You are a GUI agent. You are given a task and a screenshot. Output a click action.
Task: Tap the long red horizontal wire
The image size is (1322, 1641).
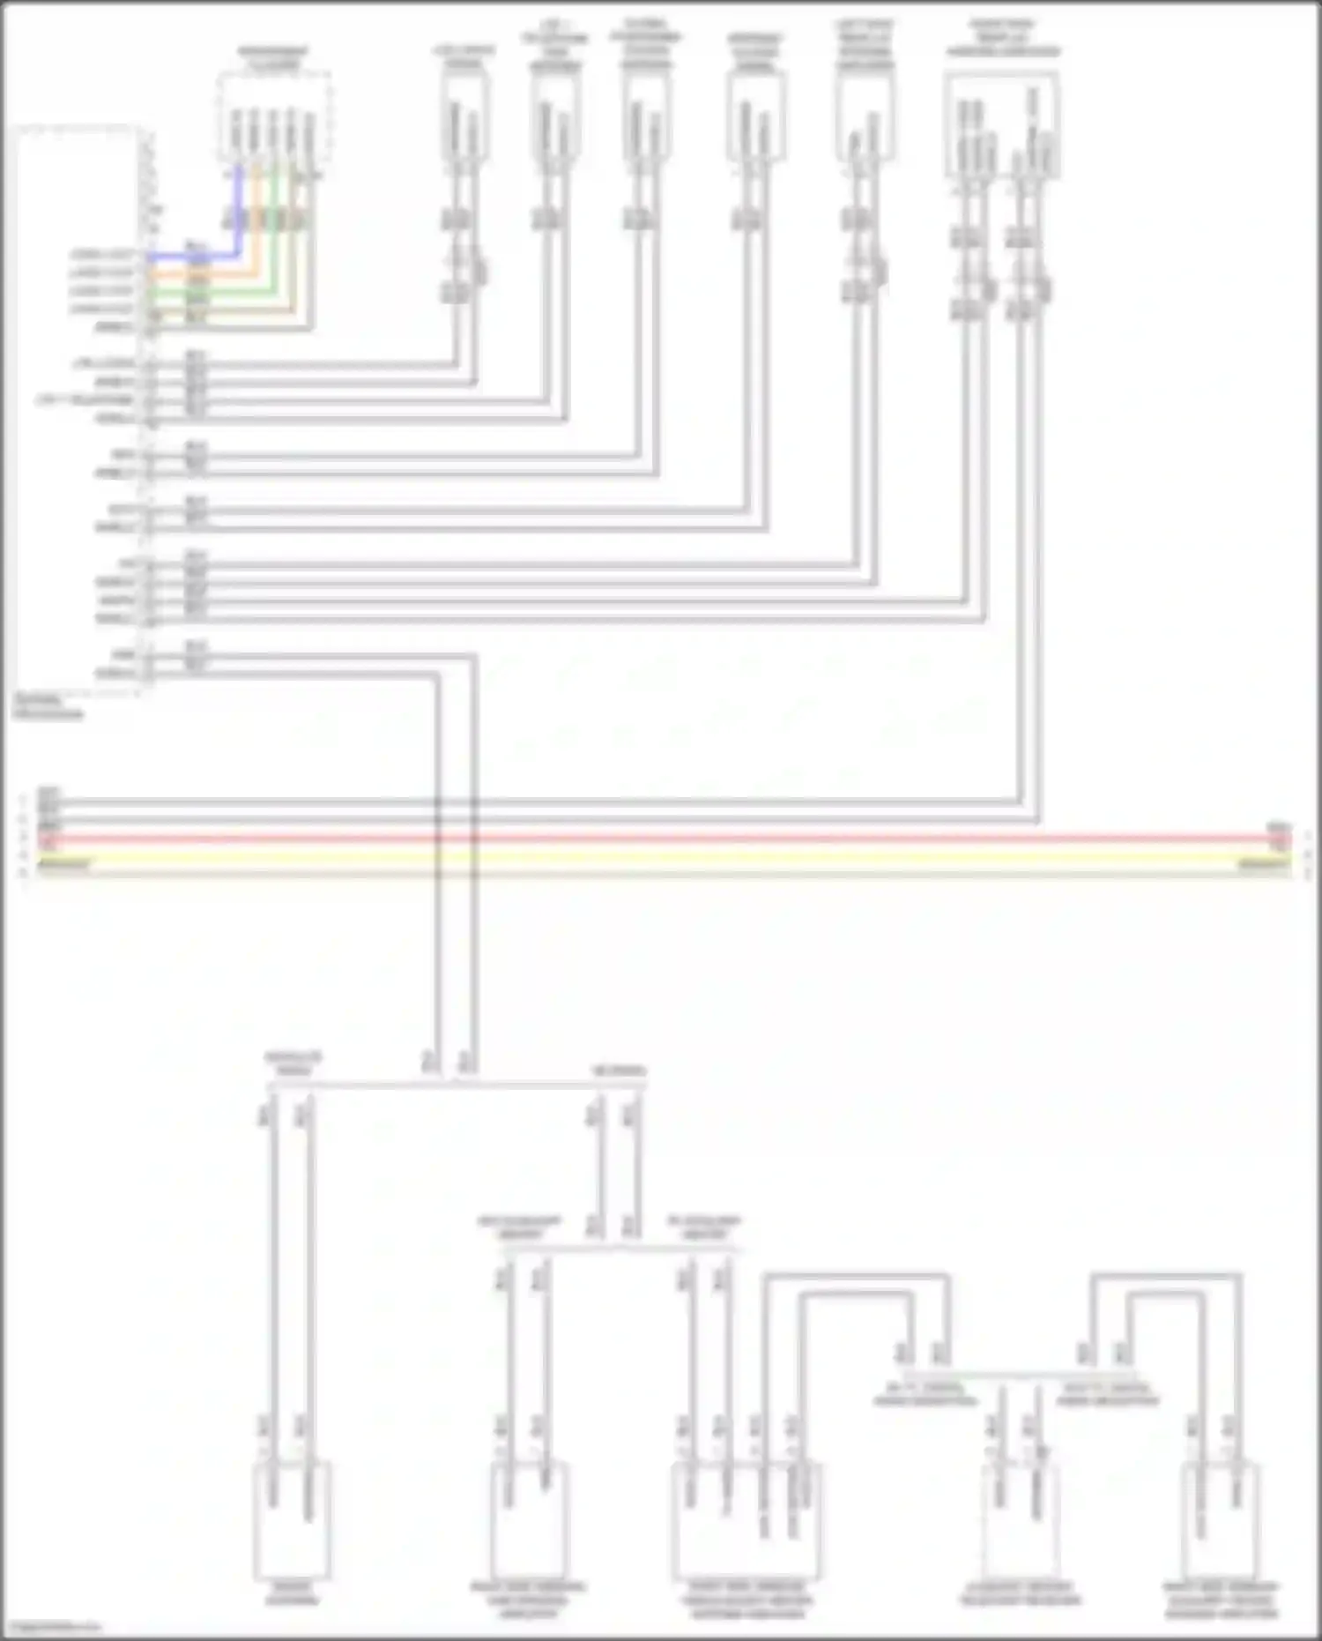pyautogui.click(x=661, y=839)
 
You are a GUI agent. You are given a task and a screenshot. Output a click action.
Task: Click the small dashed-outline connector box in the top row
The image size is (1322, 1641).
pyautogui.click(x=274, y=117)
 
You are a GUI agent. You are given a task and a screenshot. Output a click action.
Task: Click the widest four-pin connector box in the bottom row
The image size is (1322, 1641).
pyautogui.click(x=746, y=1520)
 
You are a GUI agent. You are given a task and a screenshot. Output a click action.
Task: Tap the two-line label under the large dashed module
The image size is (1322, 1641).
pyautogui.click(x=48, y=707)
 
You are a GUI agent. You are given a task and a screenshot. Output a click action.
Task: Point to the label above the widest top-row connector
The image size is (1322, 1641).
pyautogui.click(x=1003, y=41)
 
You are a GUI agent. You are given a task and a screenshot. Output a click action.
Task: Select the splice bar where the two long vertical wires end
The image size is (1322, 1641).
pyautogui.click(x=457, y=1085)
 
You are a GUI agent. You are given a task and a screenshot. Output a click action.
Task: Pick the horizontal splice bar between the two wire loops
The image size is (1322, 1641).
pyautogui.click(x=1019, y=1374)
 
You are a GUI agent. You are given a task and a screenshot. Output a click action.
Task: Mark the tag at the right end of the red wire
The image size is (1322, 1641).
pyautogui.click(x=1277, y=835)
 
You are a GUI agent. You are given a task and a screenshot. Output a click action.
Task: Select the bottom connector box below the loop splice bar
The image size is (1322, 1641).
pyautogui.click(x=1020, y=1520)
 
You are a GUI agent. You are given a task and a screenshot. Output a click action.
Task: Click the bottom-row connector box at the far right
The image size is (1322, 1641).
pyautogui.click(x=1220, y=1520)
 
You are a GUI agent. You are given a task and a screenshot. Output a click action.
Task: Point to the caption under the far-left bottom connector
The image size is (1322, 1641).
pyautogui.click(x=293, y=1593)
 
